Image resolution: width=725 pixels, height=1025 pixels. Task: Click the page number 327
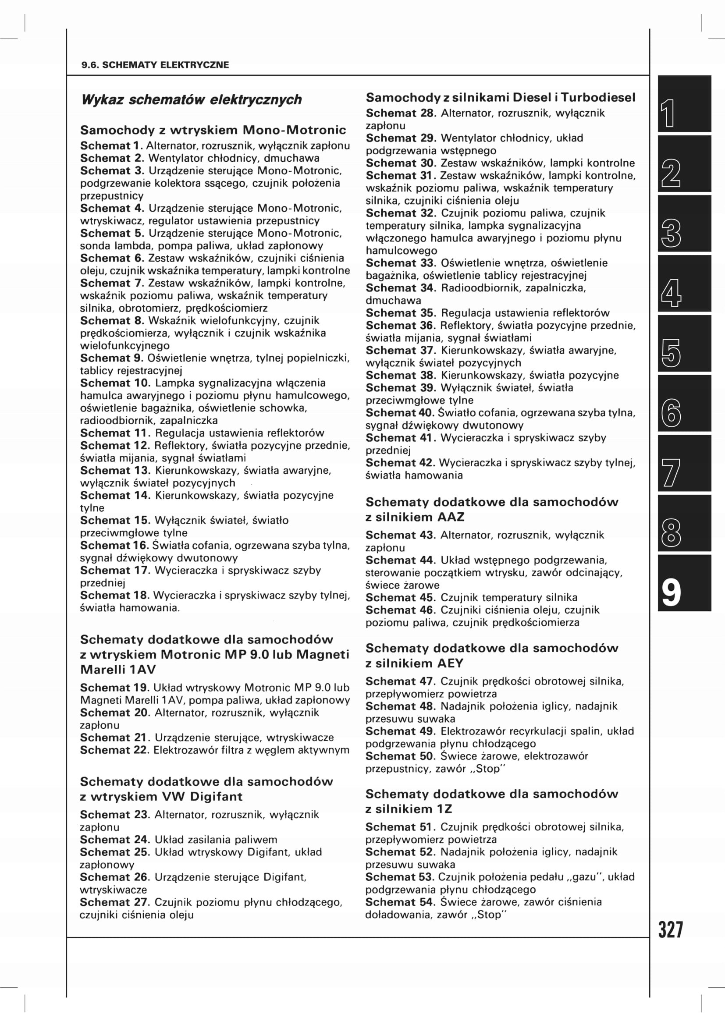(x=671, y=930)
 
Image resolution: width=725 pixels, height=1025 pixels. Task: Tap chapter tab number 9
(x=684, y=583)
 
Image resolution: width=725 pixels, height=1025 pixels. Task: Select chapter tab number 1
(x=684, y=104)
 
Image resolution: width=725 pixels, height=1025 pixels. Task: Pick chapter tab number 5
(x=684, y=344)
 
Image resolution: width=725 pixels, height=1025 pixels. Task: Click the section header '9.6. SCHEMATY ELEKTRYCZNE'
(x=155, y=65)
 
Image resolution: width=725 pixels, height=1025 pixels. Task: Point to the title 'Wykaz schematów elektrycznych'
(x=191, y=99)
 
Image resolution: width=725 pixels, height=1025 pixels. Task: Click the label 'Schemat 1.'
(x=111, y=146)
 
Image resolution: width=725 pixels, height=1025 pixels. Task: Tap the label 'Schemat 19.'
(x=115, y=688)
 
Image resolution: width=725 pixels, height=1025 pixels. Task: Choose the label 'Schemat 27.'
(x=115, y=902)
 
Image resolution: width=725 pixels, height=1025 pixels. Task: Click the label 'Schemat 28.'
(x=401, y=113)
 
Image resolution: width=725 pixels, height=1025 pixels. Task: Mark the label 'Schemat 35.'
(x=401, y=313)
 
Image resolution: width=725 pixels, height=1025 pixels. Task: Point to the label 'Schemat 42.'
(x=400, y=463)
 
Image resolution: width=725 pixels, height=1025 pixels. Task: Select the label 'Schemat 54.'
(x=400, y=902)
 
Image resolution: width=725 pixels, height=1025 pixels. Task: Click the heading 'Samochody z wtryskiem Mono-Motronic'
(x=213, y=130)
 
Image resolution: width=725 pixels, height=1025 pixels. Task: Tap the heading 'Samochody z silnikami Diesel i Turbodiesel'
(x=500, y=98)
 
